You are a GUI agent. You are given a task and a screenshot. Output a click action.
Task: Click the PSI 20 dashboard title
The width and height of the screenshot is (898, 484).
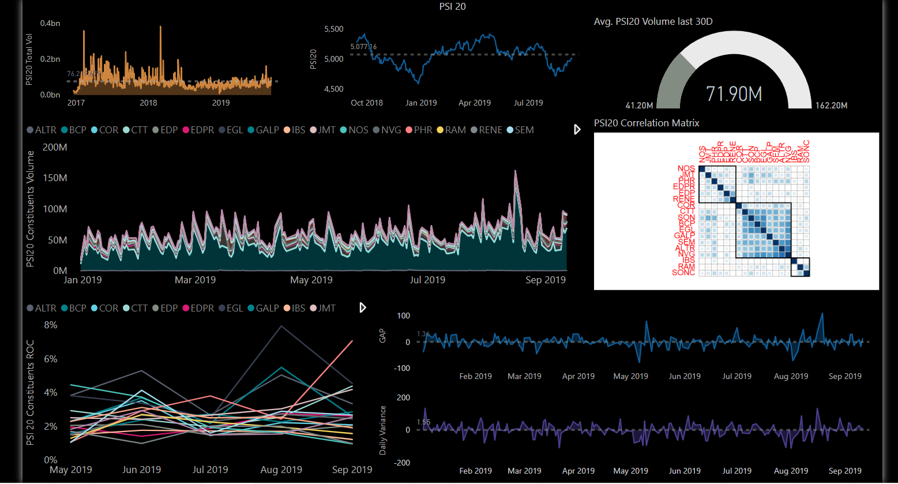(452, 7)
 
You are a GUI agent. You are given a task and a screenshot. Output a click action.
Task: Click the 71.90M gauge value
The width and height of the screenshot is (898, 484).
(734, 93)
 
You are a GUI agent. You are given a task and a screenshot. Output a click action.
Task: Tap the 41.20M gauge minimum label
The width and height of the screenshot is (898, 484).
(639, 106)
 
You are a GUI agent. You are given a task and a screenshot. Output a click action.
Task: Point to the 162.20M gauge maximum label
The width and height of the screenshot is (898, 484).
(831, 106)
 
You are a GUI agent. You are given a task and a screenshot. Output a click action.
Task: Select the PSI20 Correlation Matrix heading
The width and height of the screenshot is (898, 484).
(647, 123)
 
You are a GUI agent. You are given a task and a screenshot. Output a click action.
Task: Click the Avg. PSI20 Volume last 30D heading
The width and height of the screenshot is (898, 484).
(653, 22)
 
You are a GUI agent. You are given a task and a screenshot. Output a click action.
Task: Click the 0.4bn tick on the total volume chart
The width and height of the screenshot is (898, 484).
(50, 23)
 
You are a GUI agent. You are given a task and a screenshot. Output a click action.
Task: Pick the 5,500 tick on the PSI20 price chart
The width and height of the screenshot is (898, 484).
(334, 29)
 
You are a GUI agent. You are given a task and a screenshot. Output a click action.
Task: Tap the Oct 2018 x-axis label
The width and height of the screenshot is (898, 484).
(367, 103)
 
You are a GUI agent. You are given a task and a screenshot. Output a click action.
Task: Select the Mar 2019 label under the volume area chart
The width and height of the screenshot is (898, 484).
(195, 280)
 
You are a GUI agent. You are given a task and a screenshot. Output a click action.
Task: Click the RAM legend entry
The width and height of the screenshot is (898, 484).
(451, 130)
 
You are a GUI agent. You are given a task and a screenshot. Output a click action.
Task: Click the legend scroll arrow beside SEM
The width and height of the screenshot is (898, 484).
(577, 130)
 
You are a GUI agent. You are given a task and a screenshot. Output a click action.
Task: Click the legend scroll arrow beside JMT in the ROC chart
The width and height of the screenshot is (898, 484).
(363, 307)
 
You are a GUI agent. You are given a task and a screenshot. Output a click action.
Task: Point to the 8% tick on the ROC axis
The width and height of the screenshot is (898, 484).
(51, 325)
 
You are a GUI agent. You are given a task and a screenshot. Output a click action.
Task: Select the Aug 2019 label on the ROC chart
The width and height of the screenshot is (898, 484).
(281, 470)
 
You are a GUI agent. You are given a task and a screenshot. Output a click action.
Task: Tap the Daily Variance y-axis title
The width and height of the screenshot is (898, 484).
(382, 430)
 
